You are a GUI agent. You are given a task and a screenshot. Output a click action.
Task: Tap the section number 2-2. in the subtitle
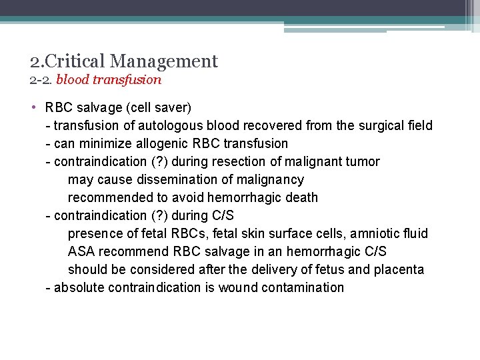[x=41, y=80]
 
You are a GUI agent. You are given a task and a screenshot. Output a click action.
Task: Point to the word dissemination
[x=169, y=179]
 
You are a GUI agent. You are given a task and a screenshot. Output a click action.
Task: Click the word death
[x=301, y=197]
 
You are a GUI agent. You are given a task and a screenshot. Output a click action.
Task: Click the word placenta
[x=399, y=269]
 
